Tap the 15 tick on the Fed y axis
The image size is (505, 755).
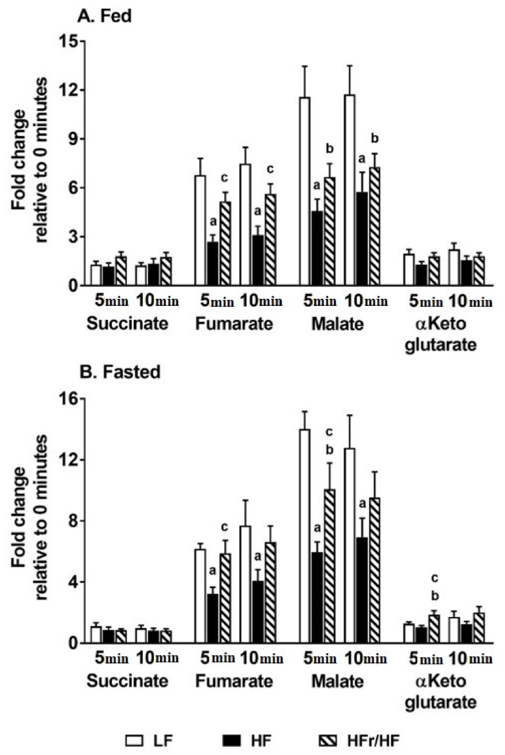point(67,41)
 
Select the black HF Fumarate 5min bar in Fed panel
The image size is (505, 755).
point(213,264)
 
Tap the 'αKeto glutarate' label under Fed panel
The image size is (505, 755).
point(440,334)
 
